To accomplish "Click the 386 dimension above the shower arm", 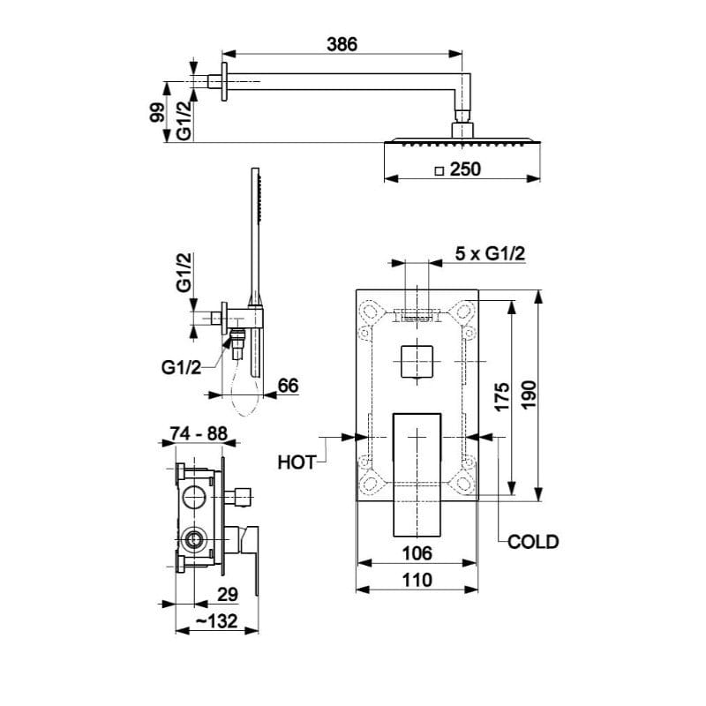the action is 342,44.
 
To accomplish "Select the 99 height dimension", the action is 157,112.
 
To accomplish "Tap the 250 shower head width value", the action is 465,169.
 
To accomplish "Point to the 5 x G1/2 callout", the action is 490,253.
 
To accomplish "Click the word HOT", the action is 297,462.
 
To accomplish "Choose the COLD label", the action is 533,542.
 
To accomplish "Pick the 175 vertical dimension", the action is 501,396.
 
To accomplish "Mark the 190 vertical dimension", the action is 529,394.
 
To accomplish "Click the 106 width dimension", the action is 417,553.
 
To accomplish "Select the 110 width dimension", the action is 417,580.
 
